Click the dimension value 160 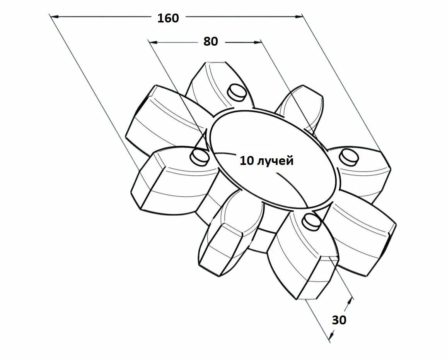point(168,18)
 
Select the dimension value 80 point(211,41)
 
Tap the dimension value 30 point(339,320)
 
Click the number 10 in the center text point(246,161)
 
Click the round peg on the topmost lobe point(236,92)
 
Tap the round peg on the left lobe point(199,156)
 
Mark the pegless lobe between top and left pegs point(162,116)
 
